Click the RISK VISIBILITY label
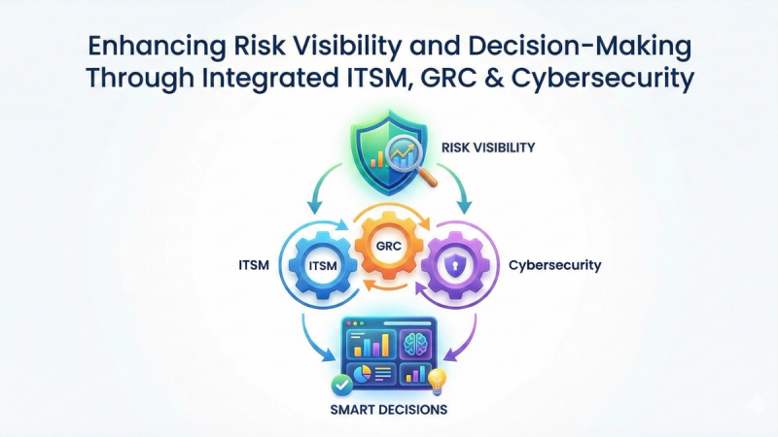(x=488, y=148)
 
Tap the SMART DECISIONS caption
(x=389, y=410)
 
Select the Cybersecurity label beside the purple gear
(x=554, y=265)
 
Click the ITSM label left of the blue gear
(x=254, y=265)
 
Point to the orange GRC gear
(x=389, y=246)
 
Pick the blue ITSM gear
(x=323, y=266)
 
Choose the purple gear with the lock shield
(x=456, y=266)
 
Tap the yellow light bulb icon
(x=437, y=382)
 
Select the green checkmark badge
(x=341, y=385)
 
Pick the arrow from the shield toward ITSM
(x=324, y=186)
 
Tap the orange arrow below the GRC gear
(x=386, y=286)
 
